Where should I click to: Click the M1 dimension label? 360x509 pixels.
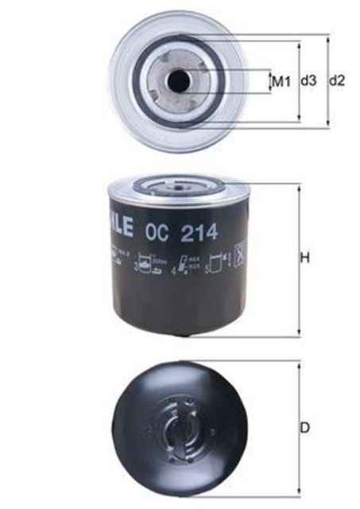click(281, 81)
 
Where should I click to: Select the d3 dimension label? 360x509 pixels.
click(308, 81)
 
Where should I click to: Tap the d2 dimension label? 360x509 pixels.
click(337, 81)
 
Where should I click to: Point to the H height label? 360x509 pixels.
click(305, 258)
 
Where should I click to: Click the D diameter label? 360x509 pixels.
click(305, 428)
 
